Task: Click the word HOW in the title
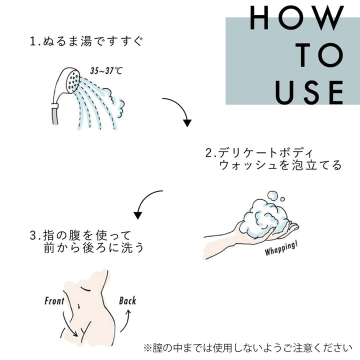pyautogui.click(x=297, y=18)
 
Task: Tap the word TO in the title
pyautogui.click(x=319, y=55)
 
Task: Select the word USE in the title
pyautogui.click(x=309, y=92)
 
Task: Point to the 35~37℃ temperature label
pyautogui.click(x=106, y=70)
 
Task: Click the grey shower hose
pyautogui.click(x=55, y=116)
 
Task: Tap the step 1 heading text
pyautogui.click(x=86, y=41)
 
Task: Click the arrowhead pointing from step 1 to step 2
pyautogui.click(x=187, y=123)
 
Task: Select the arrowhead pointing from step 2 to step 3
pyautogui.click(x=138, y=215)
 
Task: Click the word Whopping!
pyautogui.click(x=281, y=248)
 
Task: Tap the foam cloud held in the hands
pyautogui.click(x=266, y=217)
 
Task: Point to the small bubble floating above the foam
pyautogui.click(x=282, y=199)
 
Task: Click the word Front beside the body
pyautogui.click(x=54, y=301)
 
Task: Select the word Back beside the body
pyautogui.click(x=127, y=301)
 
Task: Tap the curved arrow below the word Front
pyautogui.click(x=69, y=324)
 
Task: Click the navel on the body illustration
pyautogui.click(x=79, y=306)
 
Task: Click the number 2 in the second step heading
pyautogui.click(x=208, y=153)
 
